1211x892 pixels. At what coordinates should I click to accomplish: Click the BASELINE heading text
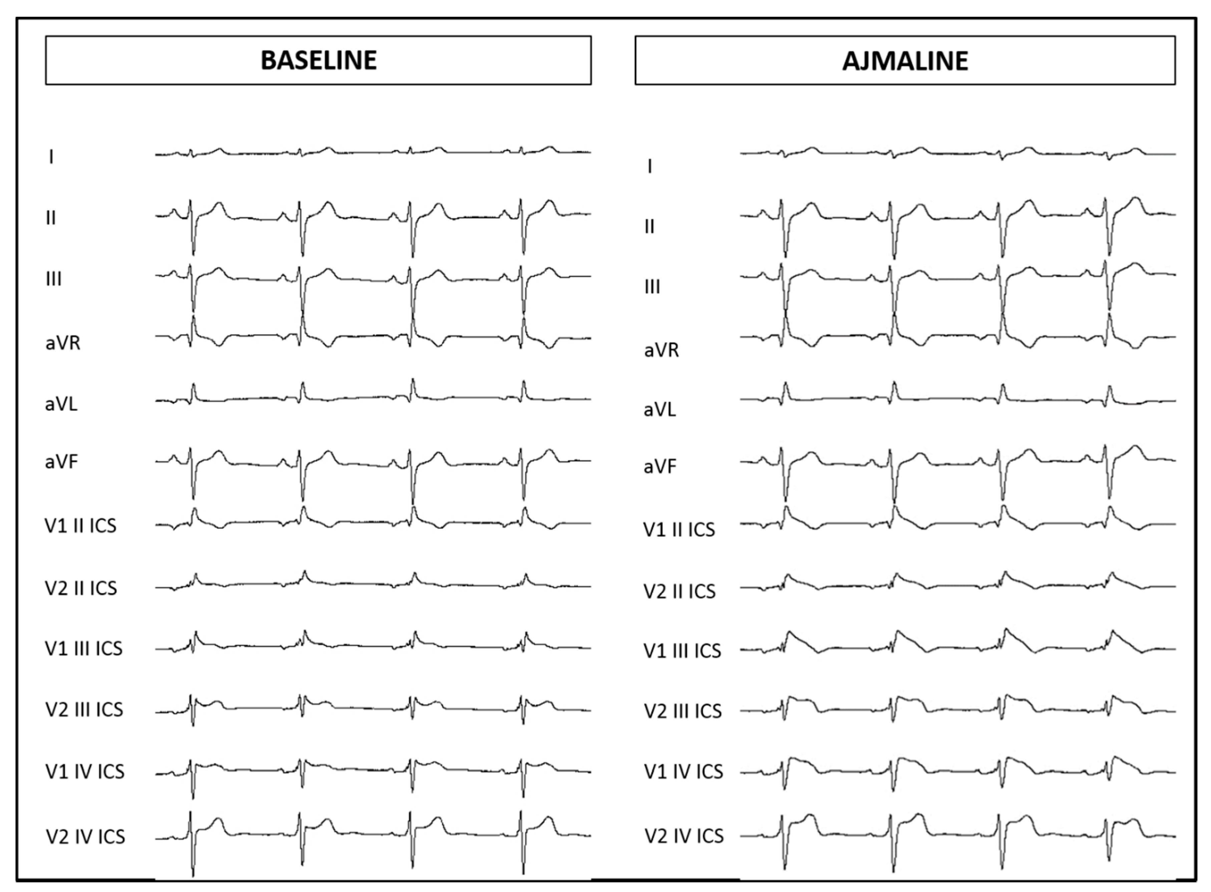[x=318, y=60]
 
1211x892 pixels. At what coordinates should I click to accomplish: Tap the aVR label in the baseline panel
[x=63, y=343]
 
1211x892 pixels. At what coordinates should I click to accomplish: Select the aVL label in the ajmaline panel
[x=660, y=410]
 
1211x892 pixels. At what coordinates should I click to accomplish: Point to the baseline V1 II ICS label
[x=80, y=526]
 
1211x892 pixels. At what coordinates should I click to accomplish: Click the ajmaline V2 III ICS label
[x=682, y=711]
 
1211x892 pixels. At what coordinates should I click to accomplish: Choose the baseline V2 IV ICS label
[x=85, y=836]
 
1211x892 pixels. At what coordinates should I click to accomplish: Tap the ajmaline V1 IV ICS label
[x=683, y=772]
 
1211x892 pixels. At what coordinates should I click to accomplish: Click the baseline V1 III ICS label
[x=84, y=648]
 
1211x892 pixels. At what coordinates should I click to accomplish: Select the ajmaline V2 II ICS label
[x=679, y=591]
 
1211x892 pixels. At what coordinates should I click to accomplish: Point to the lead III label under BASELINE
[x=53, y=279]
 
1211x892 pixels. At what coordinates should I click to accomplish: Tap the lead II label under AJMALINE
[x=649, y=226]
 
